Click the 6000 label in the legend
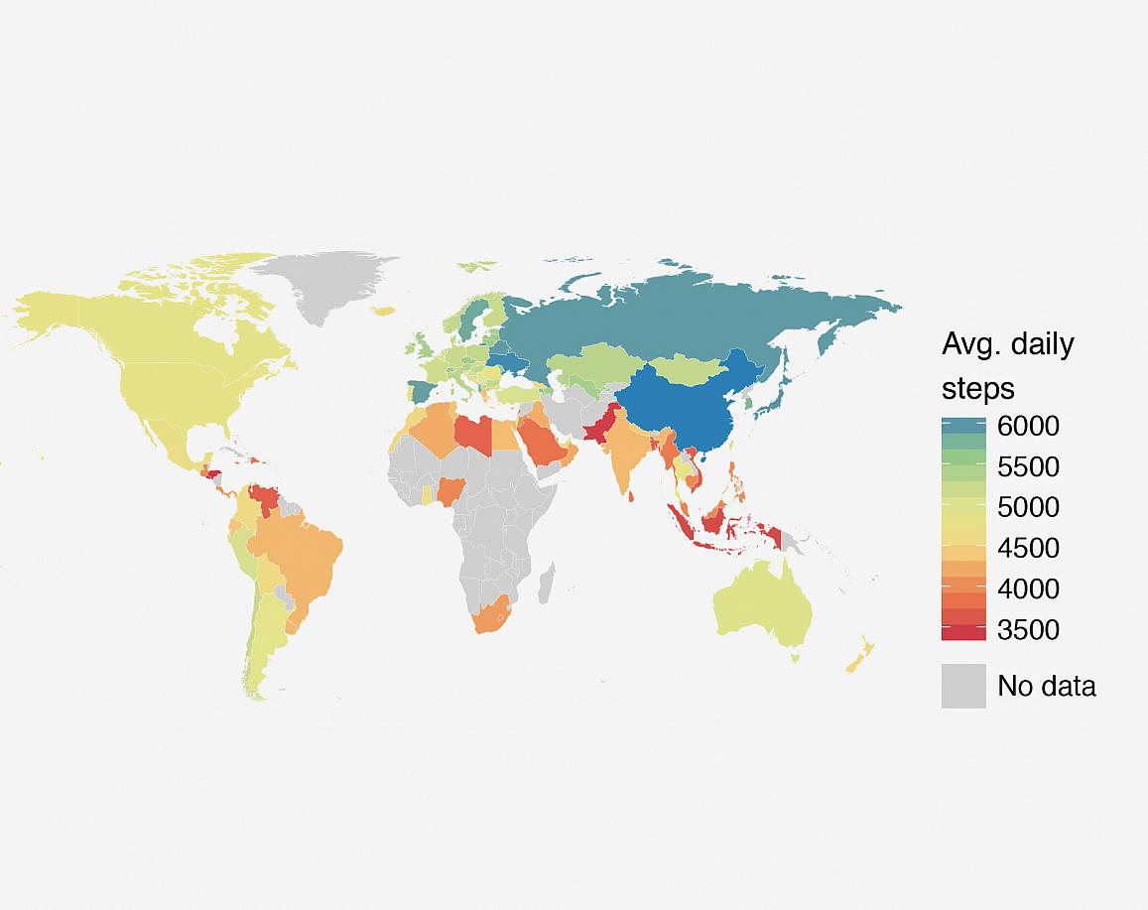(x=1029, y=427)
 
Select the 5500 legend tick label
(x=1029, y=467)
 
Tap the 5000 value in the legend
(x=1029, y=508)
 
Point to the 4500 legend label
(x=1029, y=549)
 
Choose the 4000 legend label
(x=1029, y=589)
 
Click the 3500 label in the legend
(x=1029, y=630)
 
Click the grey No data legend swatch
(x=963, y=686)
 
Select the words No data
(x=1047, y=686)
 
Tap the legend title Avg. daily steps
(x=1007, y=365)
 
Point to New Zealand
(x=859, y=655)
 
